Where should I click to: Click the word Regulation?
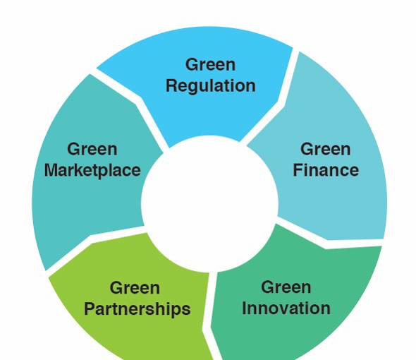click(x=211, y=87)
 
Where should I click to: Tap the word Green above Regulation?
click(x=210, y=64)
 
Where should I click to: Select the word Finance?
click(x=326, y=170)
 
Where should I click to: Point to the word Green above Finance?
click(x=325, y=149)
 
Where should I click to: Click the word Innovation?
click(x=286, y=308)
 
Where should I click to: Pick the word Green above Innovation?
click(x=286, y=287)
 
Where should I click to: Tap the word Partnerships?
click(x=137, y=310)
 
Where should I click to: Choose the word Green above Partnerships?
click(x=135, y=288)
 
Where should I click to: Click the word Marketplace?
click(x=92, y=171)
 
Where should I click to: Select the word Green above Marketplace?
click(x=92, y=149)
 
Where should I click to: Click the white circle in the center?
click(x=209, y=203)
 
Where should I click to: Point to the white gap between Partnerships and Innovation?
click(x=210, y=316)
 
